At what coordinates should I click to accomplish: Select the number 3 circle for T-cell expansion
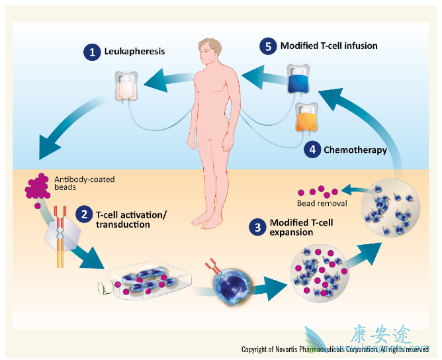(256, 227)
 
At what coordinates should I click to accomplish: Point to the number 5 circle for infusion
(268, 46)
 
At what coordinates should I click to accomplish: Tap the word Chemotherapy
(355, 150)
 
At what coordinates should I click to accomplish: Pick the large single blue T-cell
(231, 289)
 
